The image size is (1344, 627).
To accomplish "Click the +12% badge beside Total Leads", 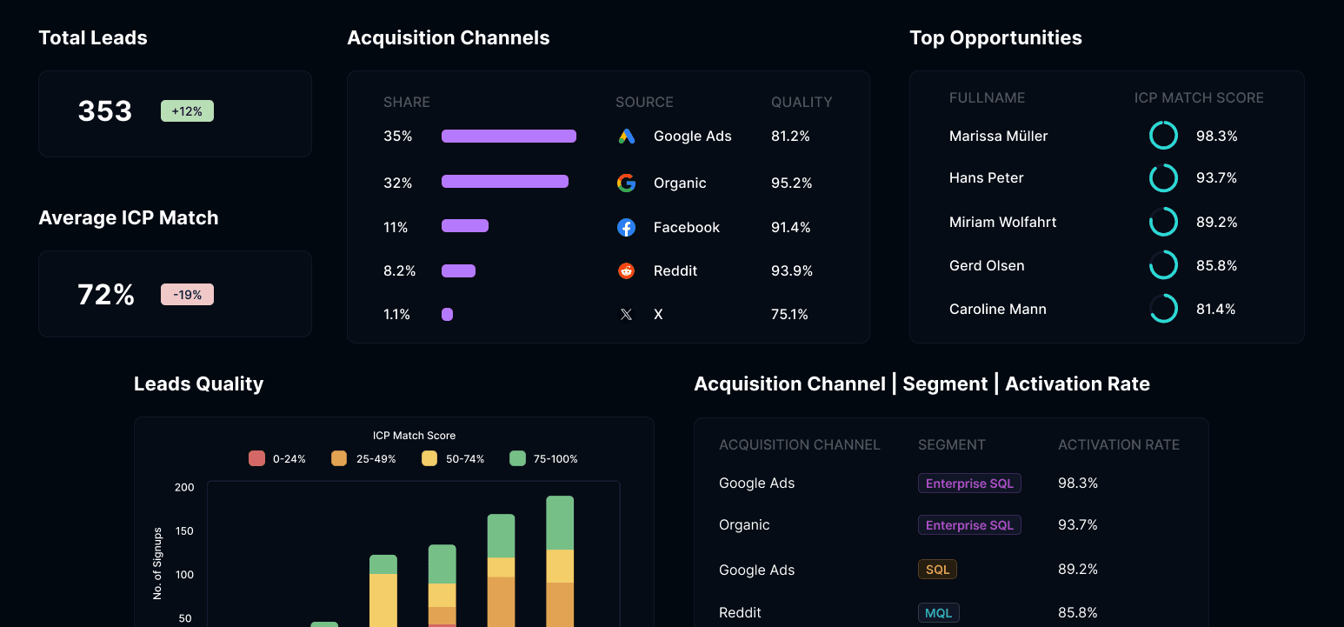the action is (x=187, y=111).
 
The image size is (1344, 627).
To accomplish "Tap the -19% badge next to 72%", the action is (x=187, y=295).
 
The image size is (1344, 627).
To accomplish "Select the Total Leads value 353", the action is (x=105, y=111).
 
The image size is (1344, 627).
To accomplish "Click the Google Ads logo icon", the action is (x=627, y=137).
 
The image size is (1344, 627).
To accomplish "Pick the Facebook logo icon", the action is (x=627, y=227).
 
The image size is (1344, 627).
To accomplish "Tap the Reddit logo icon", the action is (x=627, y=270).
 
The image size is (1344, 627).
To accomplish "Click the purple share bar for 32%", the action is (x=505, y=181).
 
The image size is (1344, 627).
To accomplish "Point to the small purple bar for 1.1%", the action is (x=447, y=315).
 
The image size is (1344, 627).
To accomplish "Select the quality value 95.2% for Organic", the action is (x=791, y=183).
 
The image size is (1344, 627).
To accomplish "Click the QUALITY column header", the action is (x=802, y=102).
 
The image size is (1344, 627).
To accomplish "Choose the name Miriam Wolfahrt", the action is (x=1002, y=222).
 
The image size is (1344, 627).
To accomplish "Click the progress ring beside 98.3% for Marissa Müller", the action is (x=1163, y=122).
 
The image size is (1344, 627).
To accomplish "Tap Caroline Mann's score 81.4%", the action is (x=1215, y=309).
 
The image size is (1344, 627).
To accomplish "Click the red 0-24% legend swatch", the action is (x=256, y=458).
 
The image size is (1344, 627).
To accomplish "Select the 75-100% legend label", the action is (x=556, y=459).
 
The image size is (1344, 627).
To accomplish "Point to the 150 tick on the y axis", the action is (x=184, y=531).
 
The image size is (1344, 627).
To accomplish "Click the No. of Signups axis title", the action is (x=158, y=564).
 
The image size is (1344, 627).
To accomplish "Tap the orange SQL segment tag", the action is (x=937, y=570).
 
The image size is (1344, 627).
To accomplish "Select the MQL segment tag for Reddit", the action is (x=938, y=612).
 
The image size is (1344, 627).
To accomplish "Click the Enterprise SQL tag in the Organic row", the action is (x=969, y=525).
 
